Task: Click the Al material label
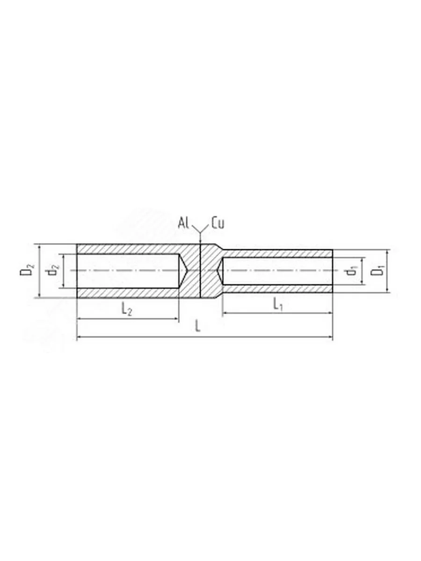coord(183,223)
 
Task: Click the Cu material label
coord(218,223)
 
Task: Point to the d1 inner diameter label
coord(352,271)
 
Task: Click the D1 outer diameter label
coord(377,271)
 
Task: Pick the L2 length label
coord(126,310)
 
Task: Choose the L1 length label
coord(278,304)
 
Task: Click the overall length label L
coord(197,326)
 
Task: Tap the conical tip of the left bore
coord(188,271)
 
